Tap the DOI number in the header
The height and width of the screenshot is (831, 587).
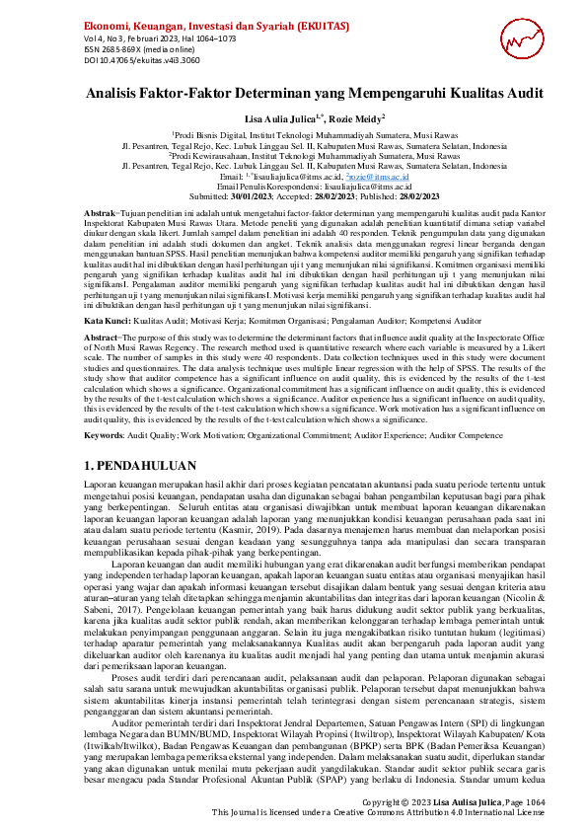click(127, 58)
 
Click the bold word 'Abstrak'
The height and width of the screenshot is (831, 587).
click(100, 213)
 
